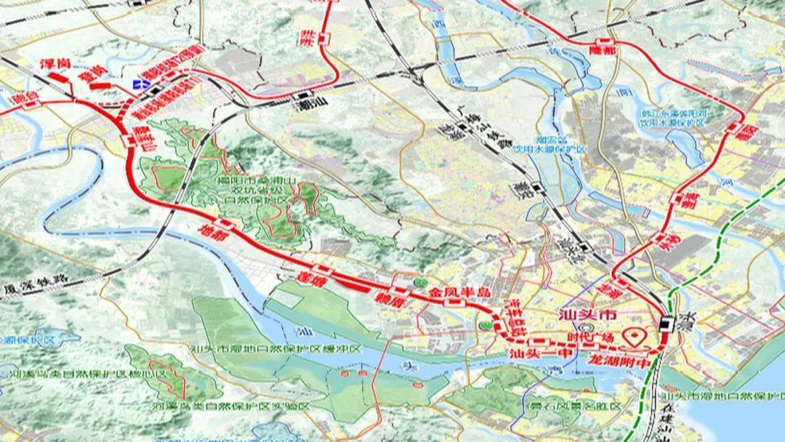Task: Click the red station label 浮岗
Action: pos(55,64)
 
